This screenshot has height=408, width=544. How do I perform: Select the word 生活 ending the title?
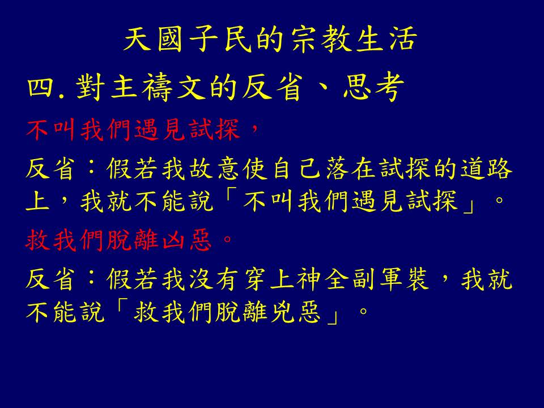click(387, 40)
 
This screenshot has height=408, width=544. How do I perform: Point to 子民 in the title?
click(220, 40)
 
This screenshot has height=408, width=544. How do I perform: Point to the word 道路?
click(486, 169)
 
